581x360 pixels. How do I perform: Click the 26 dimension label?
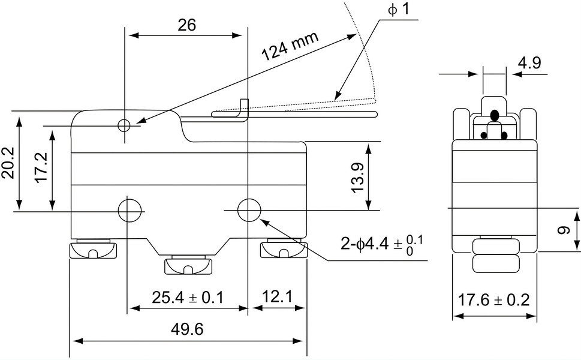click(x=186, y=25)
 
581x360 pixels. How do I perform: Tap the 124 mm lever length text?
click(x=290, y=46)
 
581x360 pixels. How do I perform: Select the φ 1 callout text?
click(x=399, y=9)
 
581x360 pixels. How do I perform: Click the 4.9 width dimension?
click(x=529, y=62)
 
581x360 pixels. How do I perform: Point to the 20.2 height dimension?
click(x=8, y=163)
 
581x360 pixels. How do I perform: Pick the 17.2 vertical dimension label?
click(x=41, y=167)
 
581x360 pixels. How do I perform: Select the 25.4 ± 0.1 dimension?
click(x=188, y=298)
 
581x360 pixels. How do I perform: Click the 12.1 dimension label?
click(x=278, y=296)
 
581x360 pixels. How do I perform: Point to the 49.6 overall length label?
click(x=187, y=329)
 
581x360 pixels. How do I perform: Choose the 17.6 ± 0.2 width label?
click(x=494, y=300)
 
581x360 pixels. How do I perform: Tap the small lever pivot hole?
click(x=124, y=125)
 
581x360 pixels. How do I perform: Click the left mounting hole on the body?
click(x=131, y=210)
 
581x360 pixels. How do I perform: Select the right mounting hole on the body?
click(x=249, y=210)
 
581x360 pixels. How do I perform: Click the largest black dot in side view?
click(x=494, y=115)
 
